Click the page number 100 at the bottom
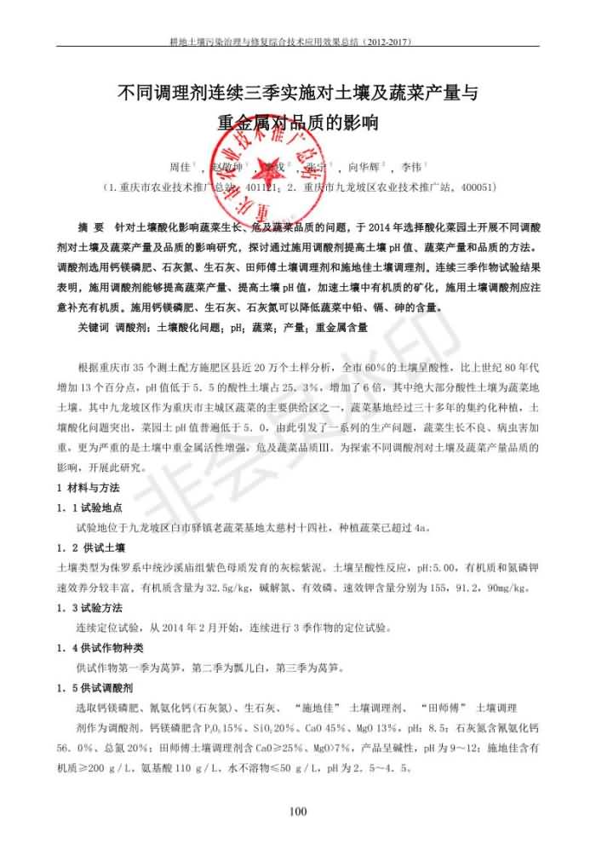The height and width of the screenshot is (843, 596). (x=297, y=811)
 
